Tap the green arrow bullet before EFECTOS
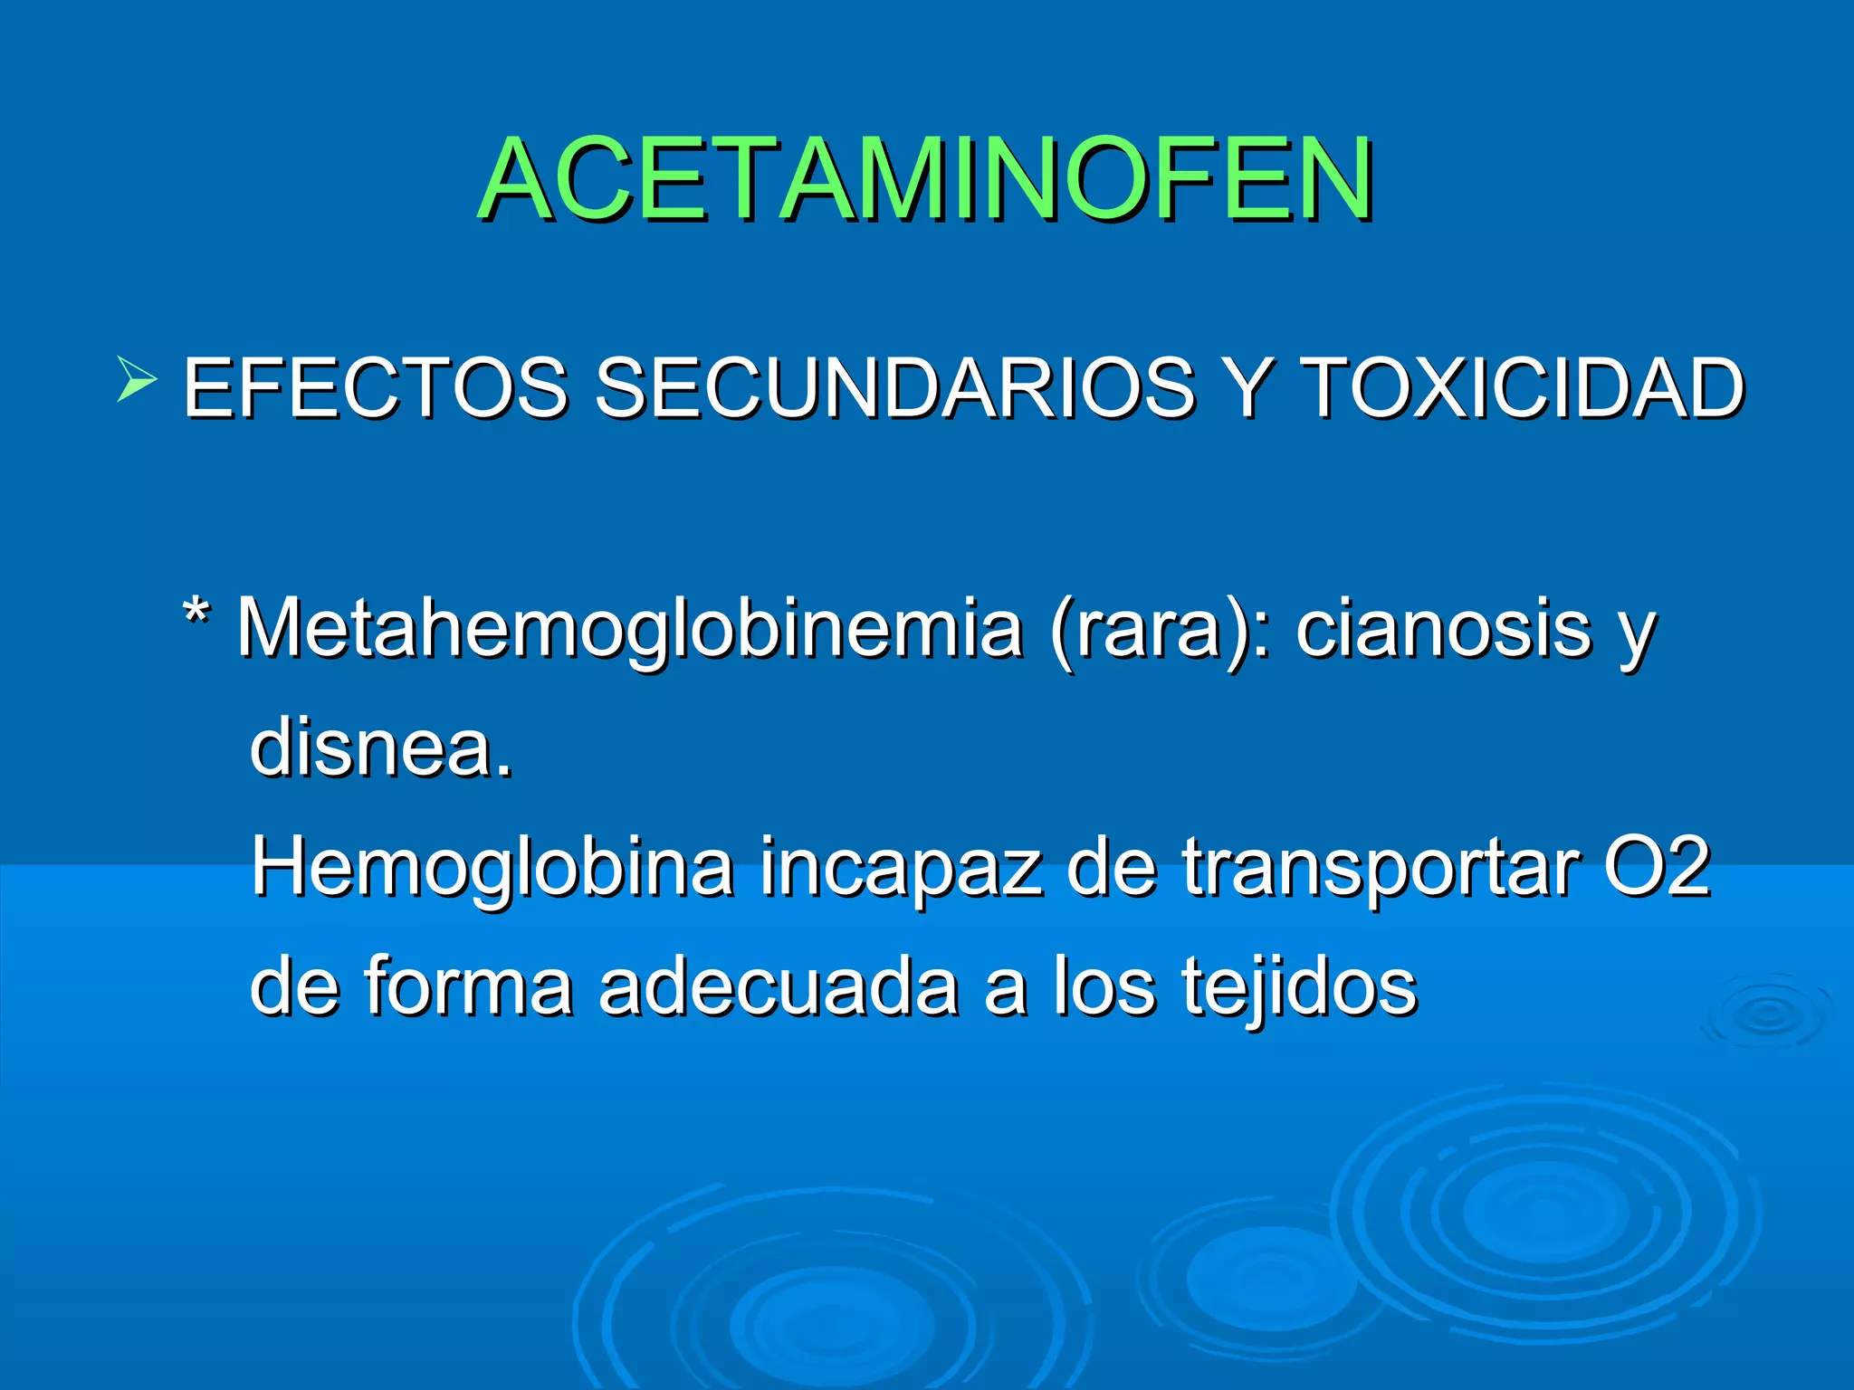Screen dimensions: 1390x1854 pos(137,380)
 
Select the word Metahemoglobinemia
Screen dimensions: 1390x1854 pos(630,629)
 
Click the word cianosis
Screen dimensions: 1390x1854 pos(1443,629)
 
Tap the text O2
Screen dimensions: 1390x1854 pos(1658,867)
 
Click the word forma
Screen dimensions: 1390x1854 pos(469,985)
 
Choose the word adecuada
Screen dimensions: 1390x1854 pos(779,985)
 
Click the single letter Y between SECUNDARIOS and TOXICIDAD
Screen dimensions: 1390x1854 pos(1247,388)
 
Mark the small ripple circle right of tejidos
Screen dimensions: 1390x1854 pos(1766,1014)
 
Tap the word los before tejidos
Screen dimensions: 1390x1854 pos(1104,985)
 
